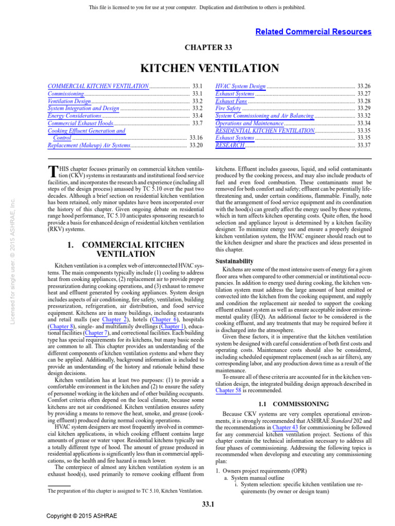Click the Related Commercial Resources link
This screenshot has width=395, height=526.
point(313,32)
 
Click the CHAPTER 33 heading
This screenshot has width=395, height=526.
point(208,48)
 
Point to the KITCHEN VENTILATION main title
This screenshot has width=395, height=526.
point(210,69)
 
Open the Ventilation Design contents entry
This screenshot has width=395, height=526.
point(69,102)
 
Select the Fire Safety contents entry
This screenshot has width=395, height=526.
point(228,109)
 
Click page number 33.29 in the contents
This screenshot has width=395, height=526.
point(364,109)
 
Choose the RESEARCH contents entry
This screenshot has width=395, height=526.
point(230,146)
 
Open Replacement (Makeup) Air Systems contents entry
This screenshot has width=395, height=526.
point(89,146)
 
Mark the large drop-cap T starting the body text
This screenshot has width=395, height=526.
point(52,173)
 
